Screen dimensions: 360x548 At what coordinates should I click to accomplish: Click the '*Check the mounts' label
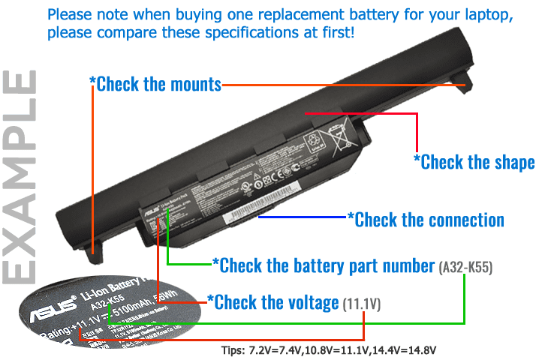pyautogui.click(x=156, y=83)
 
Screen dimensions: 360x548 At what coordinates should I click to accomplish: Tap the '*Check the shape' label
pyautogui.click(x=474, y=162)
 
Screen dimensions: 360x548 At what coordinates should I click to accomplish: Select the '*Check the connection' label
pyautogui.click(x=425, y=220)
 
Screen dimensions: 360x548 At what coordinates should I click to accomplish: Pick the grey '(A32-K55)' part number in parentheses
pyautogui.click(x=465, y=267)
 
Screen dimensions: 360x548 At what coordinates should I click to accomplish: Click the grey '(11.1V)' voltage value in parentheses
pyautogui.click(x=362, y=304)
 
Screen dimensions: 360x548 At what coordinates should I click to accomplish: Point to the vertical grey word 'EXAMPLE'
pyautogui.click(x=21, y=176)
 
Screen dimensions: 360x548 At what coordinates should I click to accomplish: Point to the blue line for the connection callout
pyautogui.click(x=300, y=218)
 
